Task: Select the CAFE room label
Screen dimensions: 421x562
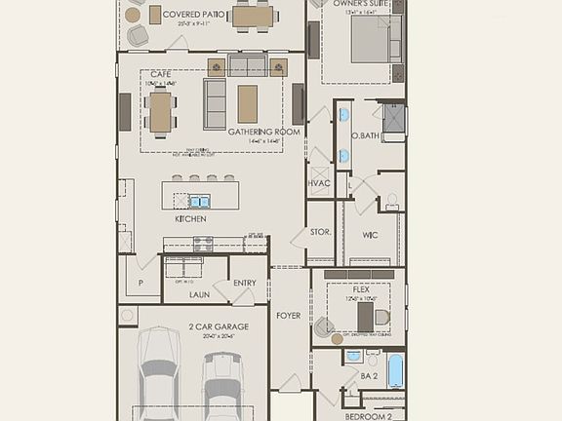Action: coord(161,74)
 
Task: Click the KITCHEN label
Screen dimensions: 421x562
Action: coord(190,219)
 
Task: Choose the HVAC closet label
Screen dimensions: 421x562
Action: coord(319,183)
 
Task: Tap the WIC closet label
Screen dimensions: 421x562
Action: coord(370,234)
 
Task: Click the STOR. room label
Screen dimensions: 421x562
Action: coord(321,232)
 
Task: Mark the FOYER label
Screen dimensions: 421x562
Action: coord(288,315)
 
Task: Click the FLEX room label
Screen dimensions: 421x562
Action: coord(362,289)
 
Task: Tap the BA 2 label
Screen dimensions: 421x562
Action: coord(369,375)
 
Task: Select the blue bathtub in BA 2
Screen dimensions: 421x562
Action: coord(394,370)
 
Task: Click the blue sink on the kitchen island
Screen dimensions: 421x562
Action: coord(198,202)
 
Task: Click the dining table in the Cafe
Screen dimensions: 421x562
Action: coord(161,110)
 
